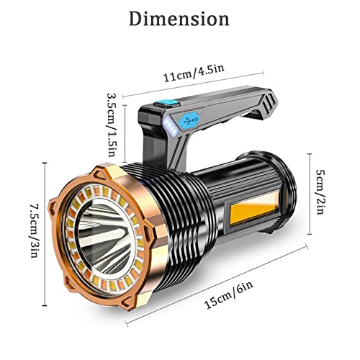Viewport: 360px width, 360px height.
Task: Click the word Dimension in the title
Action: pos(179,19)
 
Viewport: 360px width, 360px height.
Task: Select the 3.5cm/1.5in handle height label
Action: pos(113,127)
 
